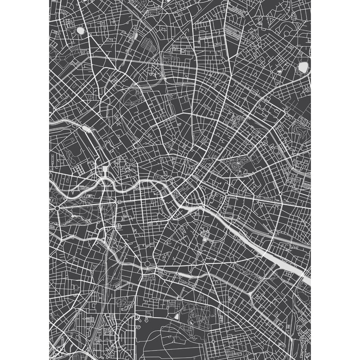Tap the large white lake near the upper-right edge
coord(302,67)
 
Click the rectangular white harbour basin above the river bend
coord(105,170)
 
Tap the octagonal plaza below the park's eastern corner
coord(118,225)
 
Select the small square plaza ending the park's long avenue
coord(118,203)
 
